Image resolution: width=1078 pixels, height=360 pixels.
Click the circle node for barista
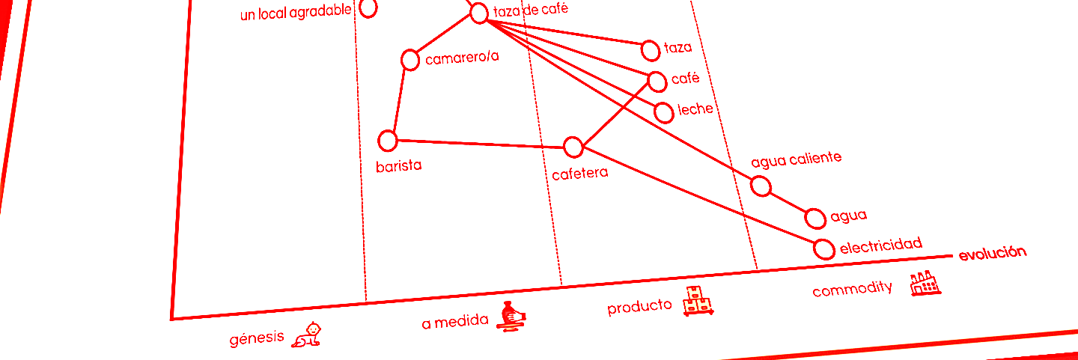388,140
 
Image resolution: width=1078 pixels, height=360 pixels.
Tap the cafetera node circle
573,147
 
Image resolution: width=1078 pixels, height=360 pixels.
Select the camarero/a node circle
410,60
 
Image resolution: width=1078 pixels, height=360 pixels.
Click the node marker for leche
664,112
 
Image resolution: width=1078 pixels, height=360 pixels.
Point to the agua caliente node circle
761,186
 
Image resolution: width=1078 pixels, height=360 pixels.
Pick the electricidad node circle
824,249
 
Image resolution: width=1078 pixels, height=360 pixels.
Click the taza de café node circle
479,13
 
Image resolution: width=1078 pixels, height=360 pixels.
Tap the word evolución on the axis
992,253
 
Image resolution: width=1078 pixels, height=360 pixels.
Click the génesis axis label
257,338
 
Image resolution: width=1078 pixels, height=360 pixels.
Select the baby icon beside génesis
308,334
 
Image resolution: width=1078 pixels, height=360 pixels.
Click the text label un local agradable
296,13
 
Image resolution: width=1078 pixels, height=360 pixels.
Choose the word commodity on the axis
852,289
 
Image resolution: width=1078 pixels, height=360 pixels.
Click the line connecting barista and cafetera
479,144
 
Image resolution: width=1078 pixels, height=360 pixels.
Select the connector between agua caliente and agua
788,202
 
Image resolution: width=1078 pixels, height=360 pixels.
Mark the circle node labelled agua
816,218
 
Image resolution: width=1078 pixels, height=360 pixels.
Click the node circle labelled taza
651,50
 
